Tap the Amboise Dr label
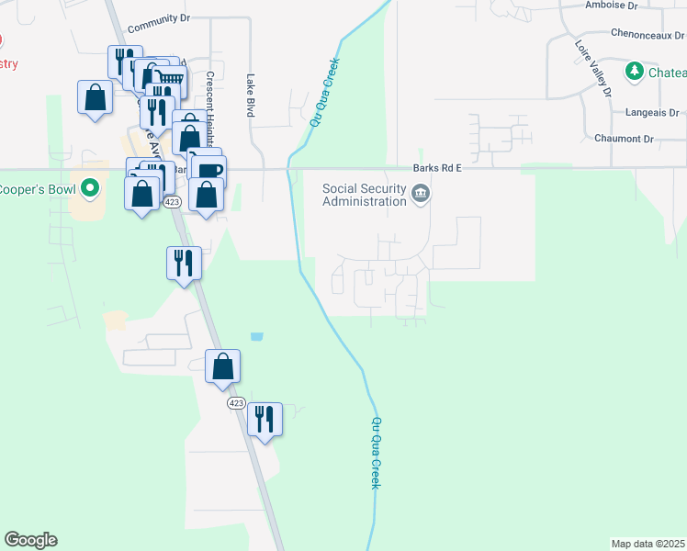tap(611, 6)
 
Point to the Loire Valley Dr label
tap(592, 68)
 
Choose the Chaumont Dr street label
tap(624, 139)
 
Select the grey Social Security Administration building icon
tap(421, 193)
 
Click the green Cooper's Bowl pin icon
tap(89, 189)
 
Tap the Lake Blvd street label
tap(249, 96)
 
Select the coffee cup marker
tap(209, 170)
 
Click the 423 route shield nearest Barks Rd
tap(172, 201)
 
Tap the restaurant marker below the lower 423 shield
tap(265, 419)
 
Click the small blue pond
tap(256, 337)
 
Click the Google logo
tap(30, 540)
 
